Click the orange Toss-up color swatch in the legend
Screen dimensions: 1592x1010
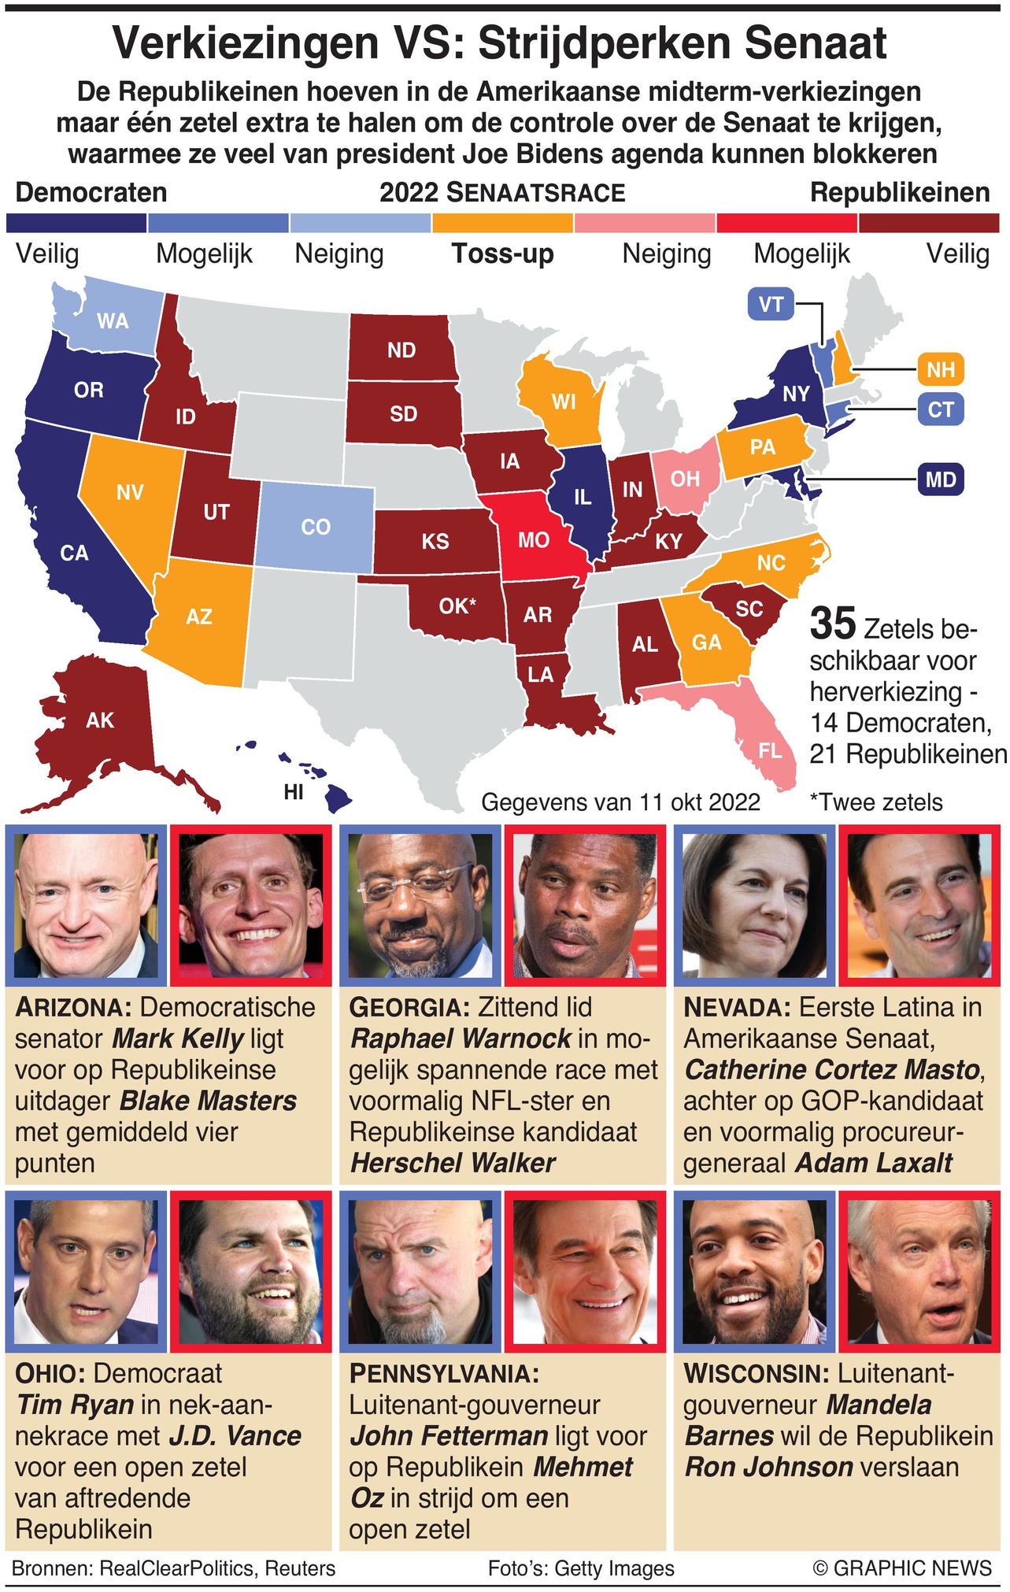click(502, 223)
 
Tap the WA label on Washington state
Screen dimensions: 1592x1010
click(113, 320)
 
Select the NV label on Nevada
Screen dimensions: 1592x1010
click(130, 492)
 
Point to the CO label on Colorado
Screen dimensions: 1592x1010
click(316, 527)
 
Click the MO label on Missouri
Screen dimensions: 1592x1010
click(533, 540)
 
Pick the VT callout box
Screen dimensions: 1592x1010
click(771, 304)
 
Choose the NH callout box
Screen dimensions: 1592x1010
click(940, 369)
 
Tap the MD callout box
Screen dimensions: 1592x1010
click(940, 479)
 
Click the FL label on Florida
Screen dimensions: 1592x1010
click(770, 750)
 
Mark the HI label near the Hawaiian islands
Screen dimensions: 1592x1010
click(294, 792)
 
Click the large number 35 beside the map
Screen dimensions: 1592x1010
click(832, 624)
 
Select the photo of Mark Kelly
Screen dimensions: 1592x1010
click(86, 905)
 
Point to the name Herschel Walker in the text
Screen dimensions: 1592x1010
click(453, 1163)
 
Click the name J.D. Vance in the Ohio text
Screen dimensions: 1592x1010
click(235, 1436)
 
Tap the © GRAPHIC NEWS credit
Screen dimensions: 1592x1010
click(902, 1568)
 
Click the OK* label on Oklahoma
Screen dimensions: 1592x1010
click(458, 606)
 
